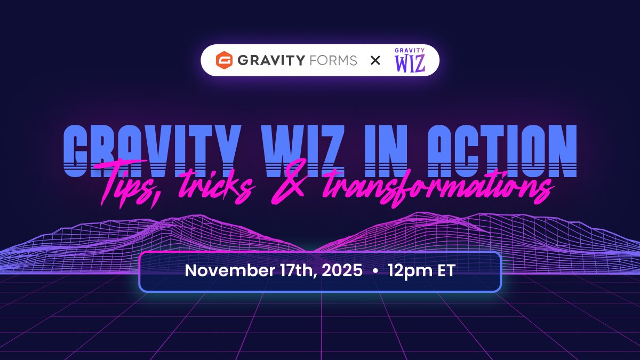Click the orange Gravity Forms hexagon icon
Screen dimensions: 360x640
[x=223, y=60]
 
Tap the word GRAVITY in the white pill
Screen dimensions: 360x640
[x=271, y=60]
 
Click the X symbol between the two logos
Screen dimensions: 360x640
[x=375, y=61]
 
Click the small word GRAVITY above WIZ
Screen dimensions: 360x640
[x=410, y=51]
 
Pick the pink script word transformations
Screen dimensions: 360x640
[x=421, y=187]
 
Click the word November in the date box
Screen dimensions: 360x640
[x=226, y=270]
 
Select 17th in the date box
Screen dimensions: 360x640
[x=292, y=270]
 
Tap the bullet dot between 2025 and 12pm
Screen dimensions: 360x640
[x=375, y=271]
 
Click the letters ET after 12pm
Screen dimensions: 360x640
[x=445, y=270]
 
